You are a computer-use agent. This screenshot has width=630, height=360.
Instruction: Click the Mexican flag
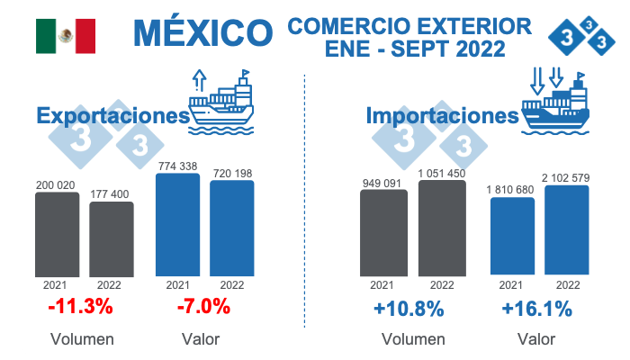(x=66, y=35)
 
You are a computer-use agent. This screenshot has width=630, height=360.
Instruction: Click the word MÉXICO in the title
(x=202, y=33)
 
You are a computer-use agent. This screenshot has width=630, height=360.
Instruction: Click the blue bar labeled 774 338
(x=177, y=225)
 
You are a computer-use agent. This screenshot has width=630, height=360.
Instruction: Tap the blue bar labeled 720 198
(x=231, y=229)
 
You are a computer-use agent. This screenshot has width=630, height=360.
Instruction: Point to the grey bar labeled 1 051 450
(x=442, y=229)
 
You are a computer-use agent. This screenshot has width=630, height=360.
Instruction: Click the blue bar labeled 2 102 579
(x=567, y=230)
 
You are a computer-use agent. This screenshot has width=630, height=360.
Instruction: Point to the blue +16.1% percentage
(x=537, y=309)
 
